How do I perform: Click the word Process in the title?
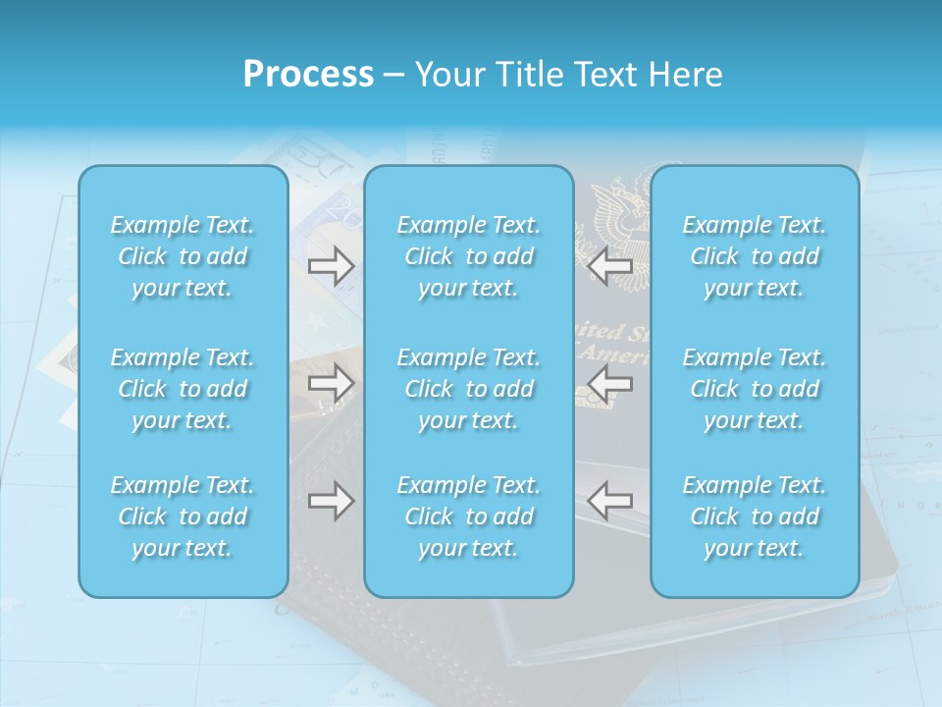pos(308,75)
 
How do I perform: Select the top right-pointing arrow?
pos(331,265)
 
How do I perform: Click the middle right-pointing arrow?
pos(331,383)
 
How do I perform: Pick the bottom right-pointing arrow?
pos(331,501)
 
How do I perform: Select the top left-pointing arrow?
pos(609,265)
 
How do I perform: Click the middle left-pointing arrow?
pos(609,383)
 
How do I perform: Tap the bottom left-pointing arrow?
pos(609,501)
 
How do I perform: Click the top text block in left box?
pos(183,256)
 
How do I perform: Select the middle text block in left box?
pos(183,389)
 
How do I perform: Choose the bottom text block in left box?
pos(183,517)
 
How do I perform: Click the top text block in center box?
pos(469,256)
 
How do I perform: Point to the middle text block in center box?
pos(469,389)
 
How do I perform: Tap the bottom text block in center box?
pos(469,517)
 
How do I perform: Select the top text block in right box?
pos(755,256)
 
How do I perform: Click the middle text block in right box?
pos(755,389)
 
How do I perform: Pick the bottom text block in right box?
pos(755,517)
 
